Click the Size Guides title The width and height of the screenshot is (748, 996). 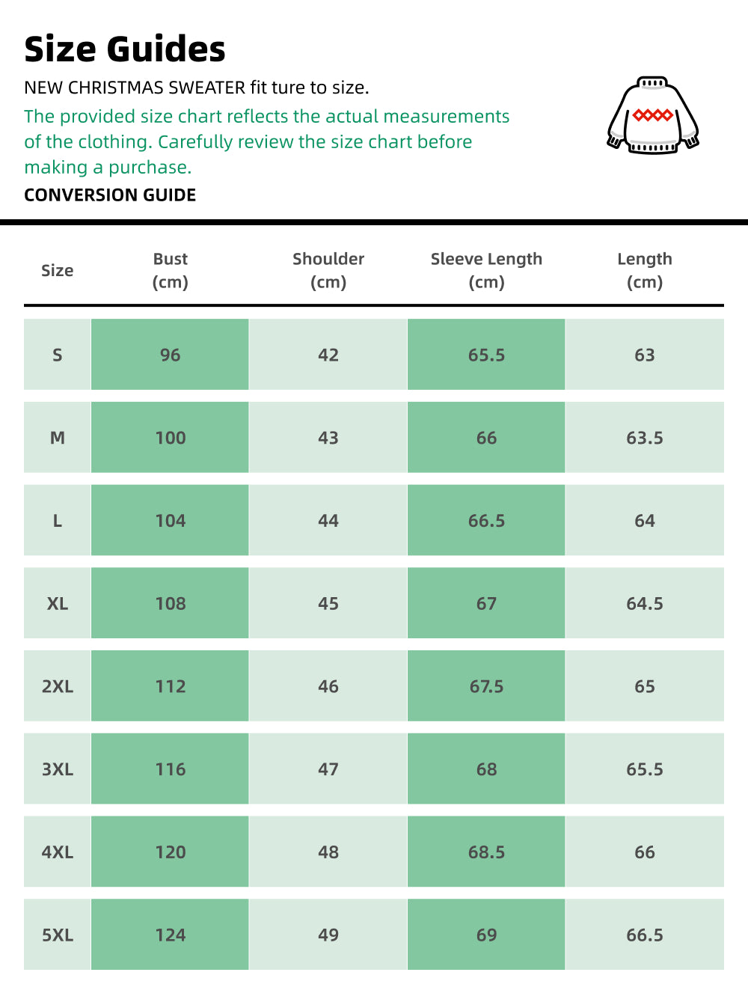click(125, 49)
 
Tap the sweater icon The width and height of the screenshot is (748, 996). click(652, 116)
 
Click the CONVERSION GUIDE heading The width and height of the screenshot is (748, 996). click(110, 195)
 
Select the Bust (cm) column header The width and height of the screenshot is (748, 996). click(171, 270)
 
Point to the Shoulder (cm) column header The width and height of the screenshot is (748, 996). click(328, 270)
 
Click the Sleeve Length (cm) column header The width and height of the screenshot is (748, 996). click(486, 270)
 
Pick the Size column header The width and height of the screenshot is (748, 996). click(58, 271)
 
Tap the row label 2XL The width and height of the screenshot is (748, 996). click(58, 686)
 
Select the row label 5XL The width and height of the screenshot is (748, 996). click(58, 935)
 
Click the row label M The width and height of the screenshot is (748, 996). click(58, 438)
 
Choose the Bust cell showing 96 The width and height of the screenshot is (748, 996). click(171, 355)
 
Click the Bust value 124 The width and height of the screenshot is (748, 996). click(171, 935)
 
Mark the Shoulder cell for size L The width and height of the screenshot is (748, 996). click(328, 521)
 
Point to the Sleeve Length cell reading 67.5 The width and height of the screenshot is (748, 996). click(486, 686)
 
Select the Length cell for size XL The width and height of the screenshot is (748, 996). click(645, 603)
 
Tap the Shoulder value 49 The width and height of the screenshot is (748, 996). click(328, 935)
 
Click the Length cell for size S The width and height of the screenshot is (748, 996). click(645, 355)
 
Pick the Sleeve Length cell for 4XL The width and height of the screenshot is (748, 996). click(486, 852)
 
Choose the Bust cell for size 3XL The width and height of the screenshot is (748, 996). click(171, 769)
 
